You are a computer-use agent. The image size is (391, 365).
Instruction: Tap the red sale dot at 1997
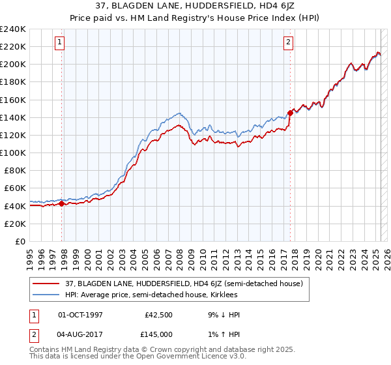point(62,203)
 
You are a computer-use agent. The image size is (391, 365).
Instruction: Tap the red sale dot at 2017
point(290,113)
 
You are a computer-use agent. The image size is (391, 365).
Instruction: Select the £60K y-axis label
point(16,188)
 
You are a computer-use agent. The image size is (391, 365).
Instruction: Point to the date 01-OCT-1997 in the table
point(81,315)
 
